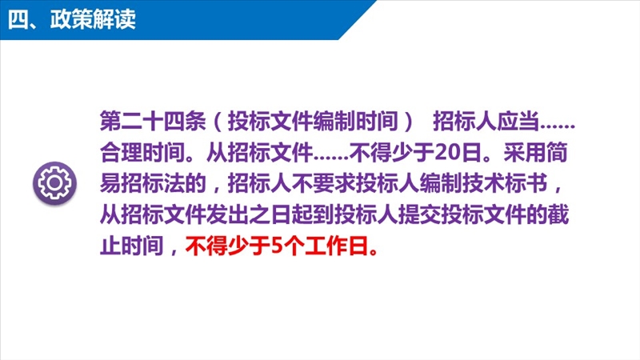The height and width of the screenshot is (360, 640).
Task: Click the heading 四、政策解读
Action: pos(72,19)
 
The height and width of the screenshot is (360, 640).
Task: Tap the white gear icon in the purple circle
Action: pos(54,182)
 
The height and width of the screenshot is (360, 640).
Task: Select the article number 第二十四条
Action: pos(153,121)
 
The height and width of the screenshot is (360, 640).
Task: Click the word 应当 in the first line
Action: pos(518,121)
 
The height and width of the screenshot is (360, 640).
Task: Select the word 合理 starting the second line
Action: pos(122,152)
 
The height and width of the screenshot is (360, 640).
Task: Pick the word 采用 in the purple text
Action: pos(525,152)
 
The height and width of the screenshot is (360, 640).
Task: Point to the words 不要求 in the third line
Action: pos(323,183)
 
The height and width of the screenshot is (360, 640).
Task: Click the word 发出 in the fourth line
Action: pos(227,214)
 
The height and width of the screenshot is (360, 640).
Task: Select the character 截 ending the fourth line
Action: pos(558,214)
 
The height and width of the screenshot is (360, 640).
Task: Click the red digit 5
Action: pos(277,246)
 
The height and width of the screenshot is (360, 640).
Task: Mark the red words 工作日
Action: pos(337,246)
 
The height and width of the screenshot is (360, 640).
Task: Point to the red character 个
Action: pos(294,246)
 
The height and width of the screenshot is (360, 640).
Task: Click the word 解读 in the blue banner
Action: pos(114,19)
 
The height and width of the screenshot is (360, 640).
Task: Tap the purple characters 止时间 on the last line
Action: pos(132,246)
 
